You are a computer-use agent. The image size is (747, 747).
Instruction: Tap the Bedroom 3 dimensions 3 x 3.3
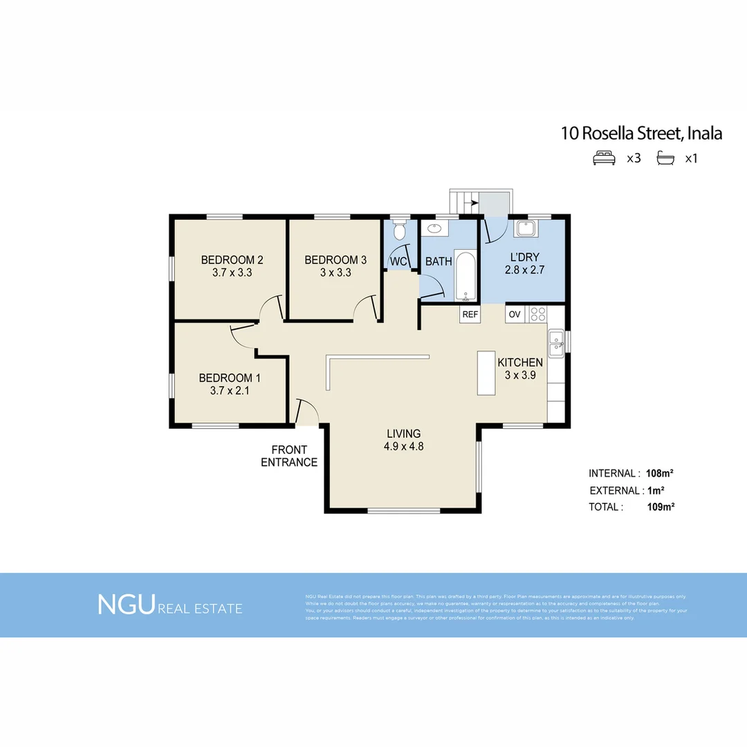coord(335,273)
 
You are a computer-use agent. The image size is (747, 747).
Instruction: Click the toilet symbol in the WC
coord(398,229)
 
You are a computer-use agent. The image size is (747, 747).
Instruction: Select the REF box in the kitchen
coord(470,314)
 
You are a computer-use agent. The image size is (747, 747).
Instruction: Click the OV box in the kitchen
coord(515,314)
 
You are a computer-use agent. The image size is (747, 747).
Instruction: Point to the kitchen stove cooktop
coord(537,314)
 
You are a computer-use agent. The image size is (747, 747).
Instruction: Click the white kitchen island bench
coord(486,373)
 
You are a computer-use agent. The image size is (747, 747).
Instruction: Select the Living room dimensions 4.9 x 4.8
coord(403,447)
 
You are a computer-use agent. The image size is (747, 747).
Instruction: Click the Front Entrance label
coord(289,456)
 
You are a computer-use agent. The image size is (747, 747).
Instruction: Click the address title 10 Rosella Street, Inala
coord(641,133)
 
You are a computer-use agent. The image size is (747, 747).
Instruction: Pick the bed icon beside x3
coord(604,158)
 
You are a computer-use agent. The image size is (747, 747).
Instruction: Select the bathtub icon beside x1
coord(665,158)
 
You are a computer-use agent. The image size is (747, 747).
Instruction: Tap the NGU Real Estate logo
coord(170,605)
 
